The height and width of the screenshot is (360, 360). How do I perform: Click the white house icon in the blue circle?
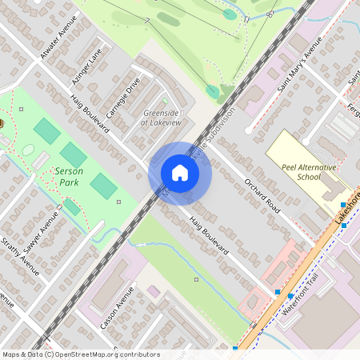pos(180,173)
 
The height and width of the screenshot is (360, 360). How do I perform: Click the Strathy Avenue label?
pos(19,254)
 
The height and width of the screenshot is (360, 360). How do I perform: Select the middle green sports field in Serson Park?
pos(74,155)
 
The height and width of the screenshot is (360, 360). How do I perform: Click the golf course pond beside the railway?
pos(212,91)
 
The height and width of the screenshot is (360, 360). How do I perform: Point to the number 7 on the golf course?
pos(147,20)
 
